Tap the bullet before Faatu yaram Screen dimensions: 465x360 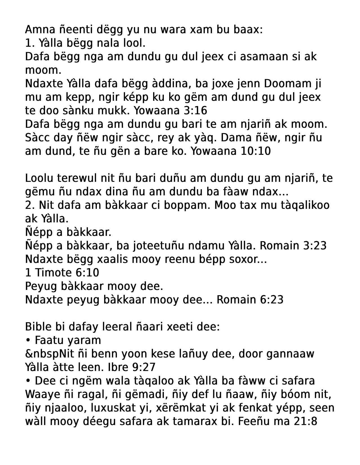click(x=28, y=340)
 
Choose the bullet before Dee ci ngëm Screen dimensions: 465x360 click(x=28, y=381)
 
